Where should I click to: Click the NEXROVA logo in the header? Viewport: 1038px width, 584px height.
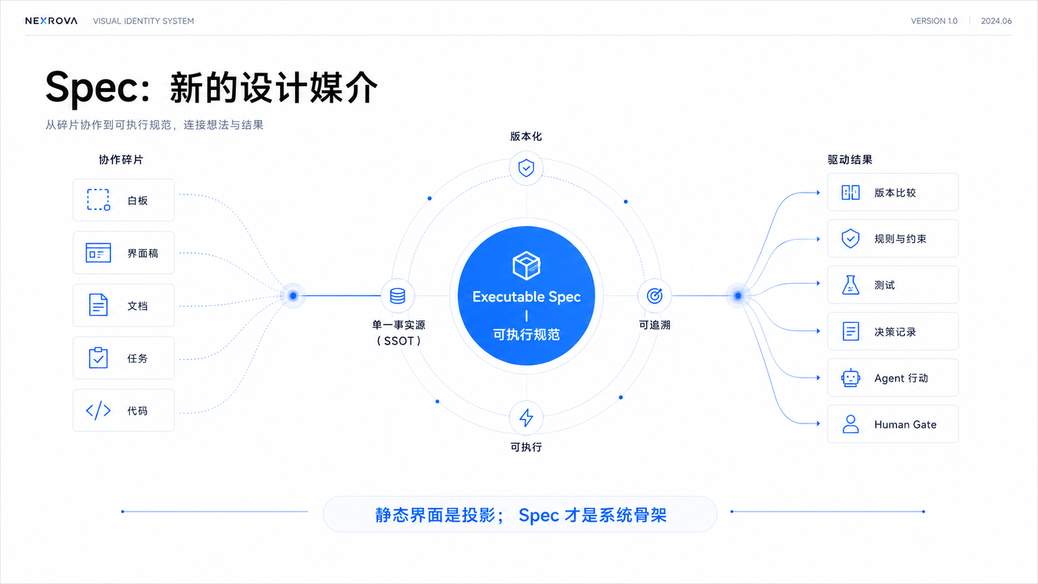tap(52, 21)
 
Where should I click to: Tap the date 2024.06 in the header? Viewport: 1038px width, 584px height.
tap(996, 21)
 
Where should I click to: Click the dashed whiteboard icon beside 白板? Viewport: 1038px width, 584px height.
tap(98, 200)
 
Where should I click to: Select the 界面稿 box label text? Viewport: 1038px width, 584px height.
tap(143, 253)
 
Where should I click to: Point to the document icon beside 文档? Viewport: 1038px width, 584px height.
tap(98, 305)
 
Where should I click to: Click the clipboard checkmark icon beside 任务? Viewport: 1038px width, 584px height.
tap(98, 357)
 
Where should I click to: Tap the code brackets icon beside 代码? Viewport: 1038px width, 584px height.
tap(98, 411)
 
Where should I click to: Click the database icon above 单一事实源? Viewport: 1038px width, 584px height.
tap(397, 296)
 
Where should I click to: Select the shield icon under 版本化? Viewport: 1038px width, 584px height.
tap(526, 168)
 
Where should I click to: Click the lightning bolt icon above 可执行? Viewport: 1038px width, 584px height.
tap(526, 418)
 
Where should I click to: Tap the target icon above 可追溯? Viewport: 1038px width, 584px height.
tap(654, 296)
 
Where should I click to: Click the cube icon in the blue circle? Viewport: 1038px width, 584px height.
tap(526, 266)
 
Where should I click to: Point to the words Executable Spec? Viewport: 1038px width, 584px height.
tap(526, 297)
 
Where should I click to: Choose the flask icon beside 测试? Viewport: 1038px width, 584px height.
tap(851, 285)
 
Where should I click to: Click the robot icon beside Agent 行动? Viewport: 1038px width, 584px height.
tap(851, 378)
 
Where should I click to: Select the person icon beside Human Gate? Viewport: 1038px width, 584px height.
tap(851, 425)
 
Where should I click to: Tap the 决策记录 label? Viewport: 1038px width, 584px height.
tap(895, 332)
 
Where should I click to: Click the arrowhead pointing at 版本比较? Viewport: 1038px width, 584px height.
tap(818, 192)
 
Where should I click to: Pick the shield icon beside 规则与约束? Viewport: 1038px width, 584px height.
tap(851, 238)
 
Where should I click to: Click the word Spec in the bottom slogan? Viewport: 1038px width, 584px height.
tap(538, 516)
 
